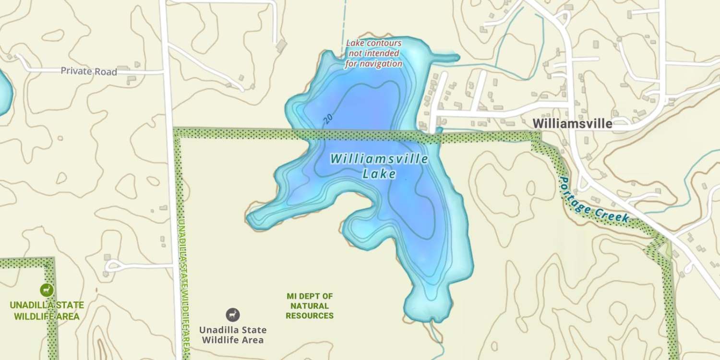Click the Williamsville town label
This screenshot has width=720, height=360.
point(572,124)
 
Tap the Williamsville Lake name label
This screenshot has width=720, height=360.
point(379,166)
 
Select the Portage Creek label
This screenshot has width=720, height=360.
point(594,200)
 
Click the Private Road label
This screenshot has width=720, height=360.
point(89,72)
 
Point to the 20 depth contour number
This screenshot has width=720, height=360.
point(328,120)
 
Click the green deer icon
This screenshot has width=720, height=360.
point(47,289)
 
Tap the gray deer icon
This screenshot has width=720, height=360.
point(233,315)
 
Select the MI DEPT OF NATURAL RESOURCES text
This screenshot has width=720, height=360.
point(310,306)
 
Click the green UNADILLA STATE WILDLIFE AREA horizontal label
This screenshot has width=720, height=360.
point(47,311)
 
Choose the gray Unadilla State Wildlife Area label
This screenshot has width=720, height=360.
point(233,335)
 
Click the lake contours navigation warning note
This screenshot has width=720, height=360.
point(374,53)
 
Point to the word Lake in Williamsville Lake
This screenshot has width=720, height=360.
point(379,174)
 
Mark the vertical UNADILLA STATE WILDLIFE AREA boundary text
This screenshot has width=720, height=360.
point(182,288)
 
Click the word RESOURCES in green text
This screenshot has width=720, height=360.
point(310,316)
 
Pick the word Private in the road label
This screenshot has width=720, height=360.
point(76,72)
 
